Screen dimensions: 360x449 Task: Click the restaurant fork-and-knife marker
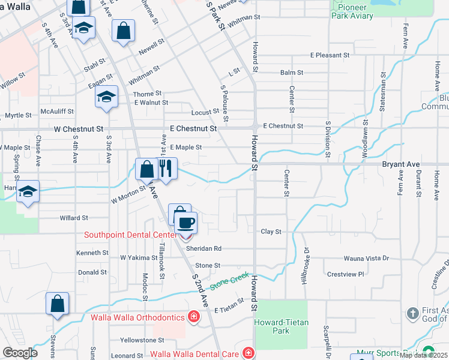click(x=167, y=169)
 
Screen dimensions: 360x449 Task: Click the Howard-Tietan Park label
click(x=281, y=326)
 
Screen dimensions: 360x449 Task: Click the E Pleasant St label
click(x=334, y=55)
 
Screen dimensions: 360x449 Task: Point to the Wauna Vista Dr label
click(x=366, y=259)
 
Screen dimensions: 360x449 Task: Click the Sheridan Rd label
click(x=203, y=248)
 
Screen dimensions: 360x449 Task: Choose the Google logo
click(x=20, y=353)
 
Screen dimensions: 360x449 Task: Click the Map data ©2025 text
click(x=424, y=355)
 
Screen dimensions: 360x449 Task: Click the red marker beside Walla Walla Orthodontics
click(x=193, y=316)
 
